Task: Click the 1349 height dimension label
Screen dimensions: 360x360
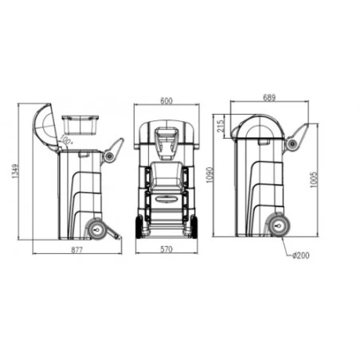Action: pos(15,171)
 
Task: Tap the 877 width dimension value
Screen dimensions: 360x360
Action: pos(77,250)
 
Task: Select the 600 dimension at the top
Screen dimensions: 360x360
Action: pos(166,101)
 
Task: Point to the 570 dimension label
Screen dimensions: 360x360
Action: pos(166,249)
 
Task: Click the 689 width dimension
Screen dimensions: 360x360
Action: pos(269,97)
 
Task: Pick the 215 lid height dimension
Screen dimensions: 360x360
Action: pos(221,127)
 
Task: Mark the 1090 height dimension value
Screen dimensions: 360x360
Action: pos(209,175)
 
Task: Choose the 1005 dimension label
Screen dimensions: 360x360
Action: pos(314,180)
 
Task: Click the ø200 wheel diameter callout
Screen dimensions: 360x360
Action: pos(300,255)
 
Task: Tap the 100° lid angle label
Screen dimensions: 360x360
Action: pos(65,139)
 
